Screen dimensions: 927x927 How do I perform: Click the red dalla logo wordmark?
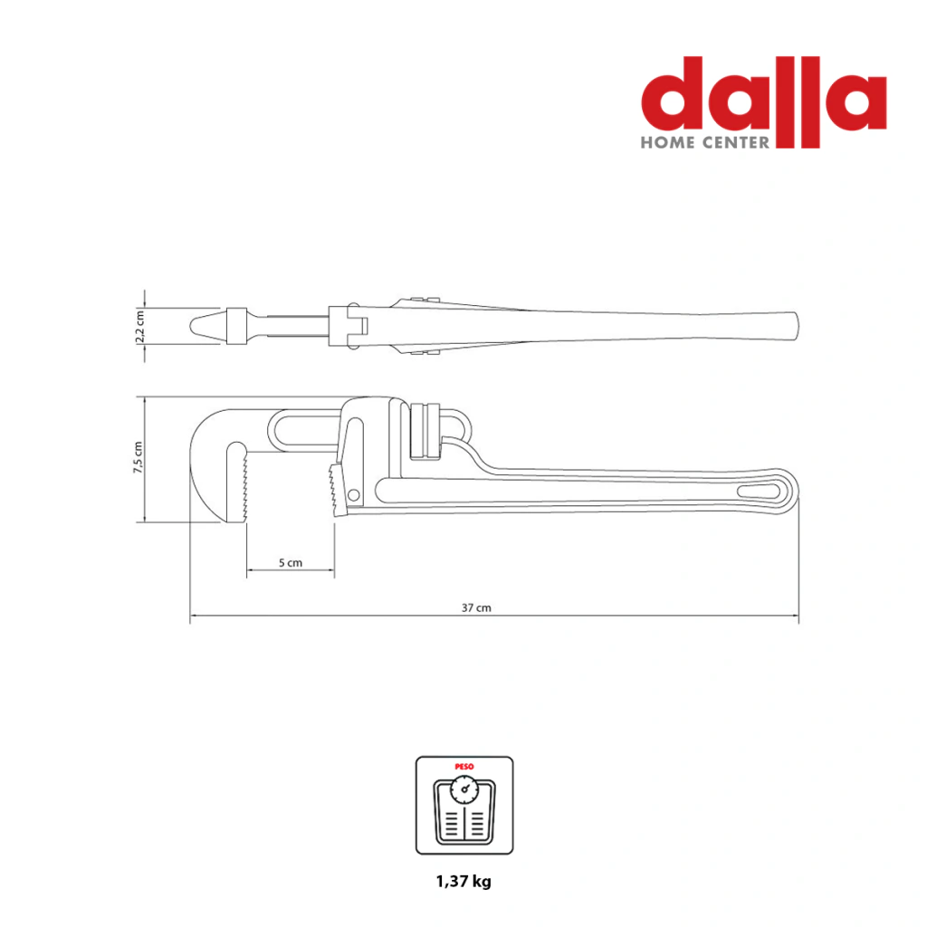764,101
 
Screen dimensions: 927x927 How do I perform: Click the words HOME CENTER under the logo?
705,142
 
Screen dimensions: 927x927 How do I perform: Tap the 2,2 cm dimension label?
140,326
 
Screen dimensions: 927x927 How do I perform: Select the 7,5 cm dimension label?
138,457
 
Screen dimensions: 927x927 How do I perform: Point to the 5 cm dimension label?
291,563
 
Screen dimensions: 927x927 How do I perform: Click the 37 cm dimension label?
476,607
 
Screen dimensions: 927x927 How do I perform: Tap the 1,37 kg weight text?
463,882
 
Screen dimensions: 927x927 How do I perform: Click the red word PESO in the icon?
464,767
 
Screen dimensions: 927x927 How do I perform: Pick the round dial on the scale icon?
464,789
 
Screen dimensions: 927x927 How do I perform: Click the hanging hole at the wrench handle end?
759,492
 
